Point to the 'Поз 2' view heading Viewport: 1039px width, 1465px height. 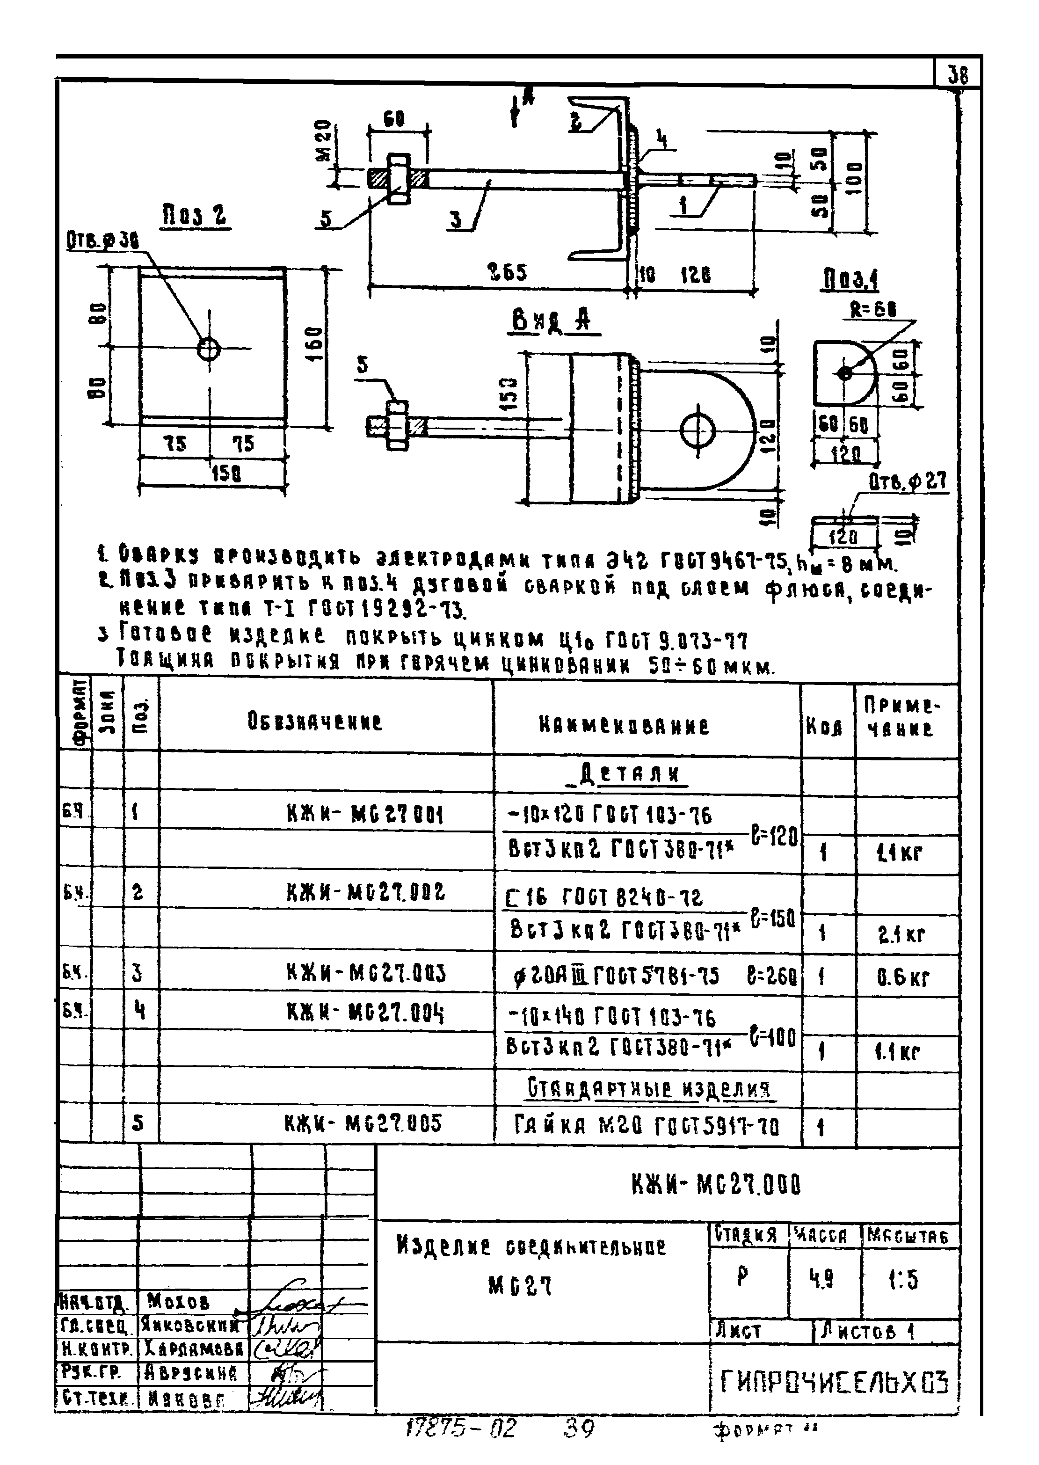(194, 216)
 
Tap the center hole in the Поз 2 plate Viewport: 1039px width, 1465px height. (209, 349)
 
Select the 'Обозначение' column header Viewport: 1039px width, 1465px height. (315, 722)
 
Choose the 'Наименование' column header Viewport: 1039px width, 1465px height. (624, 726)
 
